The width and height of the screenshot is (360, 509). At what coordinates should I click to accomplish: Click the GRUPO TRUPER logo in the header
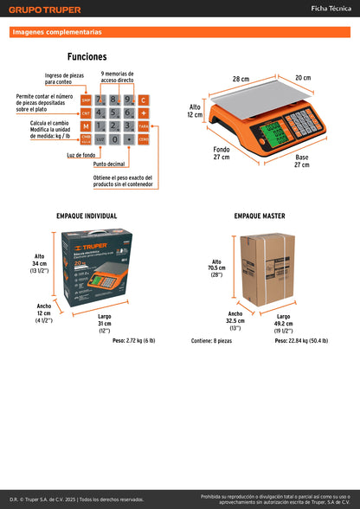click(x=45, y=10)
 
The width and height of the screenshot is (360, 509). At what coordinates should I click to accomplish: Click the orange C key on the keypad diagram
click(x=144, y=100)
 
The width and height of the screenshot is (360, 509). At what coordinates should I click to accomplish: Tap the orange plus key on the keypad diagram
click(x=144, y=113)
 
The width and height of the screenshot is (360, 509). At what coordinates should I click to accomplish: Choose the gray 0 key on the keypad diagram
click(x=114, y=139)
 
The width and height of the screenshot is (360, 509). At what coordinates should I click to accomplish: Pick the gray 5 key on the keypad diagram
click(x=114, y=113)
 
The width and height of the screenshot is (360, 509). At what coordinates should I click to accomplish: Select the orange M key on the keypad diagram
click(x=86, y=126)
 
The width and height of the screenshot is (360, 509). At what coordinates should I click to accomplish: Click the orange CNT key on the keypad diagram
click(x=86, y=113)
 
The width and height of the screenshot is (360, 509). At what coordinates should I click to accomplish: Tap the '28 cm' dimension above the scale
click(x=240, y=79)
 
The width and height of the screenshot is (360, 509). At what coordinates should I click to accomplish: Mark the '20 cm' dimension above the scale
click(x=302, y=78)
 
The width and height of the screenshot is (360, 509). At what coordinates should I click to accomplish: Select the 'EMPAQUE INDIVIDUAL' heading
click(x=87, y=216)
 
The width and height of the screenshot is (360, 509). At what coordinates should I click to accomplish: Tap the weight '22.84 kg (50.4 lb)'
click(x=301, y=341)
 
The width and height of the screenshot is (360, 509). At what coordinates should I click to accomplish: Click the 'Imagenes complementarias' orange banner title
click(x=57, y=32)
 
